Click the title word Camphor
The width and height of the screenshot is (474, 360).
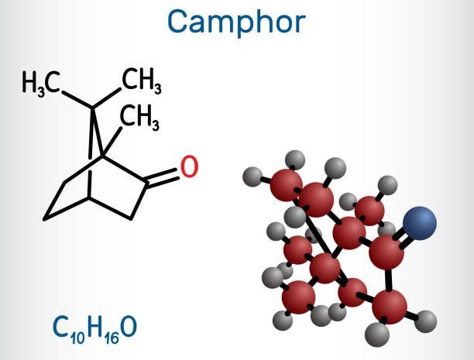236,22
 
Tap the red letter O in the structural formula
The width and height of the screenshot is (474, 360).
189,166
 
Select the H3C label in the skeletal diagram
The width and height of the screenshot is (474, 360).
41,82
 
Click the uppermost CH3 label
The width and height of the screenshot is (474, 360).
142,79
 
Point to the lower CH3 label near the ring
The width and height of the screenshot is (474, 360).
139,116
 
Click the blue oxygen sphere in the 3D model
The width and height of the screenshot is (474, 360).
420,224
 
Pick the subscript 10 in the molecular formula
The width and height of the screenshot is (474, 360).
77,338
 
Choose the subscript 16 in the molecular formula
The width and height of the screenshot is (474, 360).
112,338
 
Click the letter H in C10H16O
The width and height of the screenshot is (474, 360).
95,327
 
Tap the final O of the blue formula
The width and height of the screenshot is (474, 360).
129,327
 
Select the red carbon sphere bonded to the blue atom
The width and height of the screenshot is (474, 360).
386,252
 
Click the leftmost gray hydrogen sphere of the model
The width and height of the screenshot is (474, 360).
252,177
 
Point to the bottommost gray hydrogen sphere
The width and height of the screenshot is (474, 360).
377,334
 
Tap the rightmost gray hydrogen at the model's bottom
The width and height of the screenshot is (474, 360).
426,321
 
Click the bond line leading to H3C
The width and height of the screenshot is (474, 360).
77,99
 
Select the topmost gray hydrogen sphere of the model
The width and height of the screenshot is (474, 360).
295,160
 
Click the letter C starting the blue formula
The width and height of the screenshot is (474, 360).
61,327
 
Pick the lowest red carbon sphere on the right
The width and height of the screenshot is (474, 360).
390,307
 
